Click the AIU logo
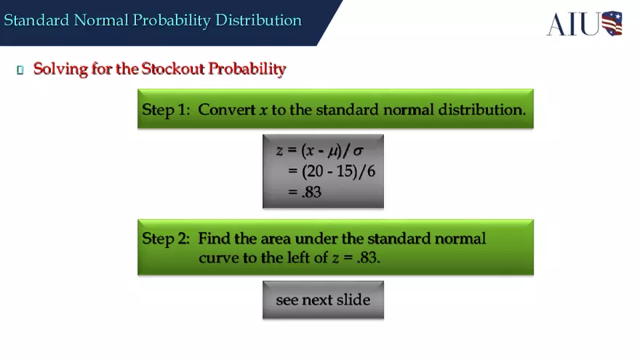584,23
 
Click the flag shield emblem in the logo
612,23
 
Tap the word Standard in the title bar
36,20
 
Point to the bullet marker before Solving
20,70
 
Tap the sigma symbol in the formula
358,151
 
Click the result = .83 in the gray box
305,193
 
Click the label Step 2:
166,239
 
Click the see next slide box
323,300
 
